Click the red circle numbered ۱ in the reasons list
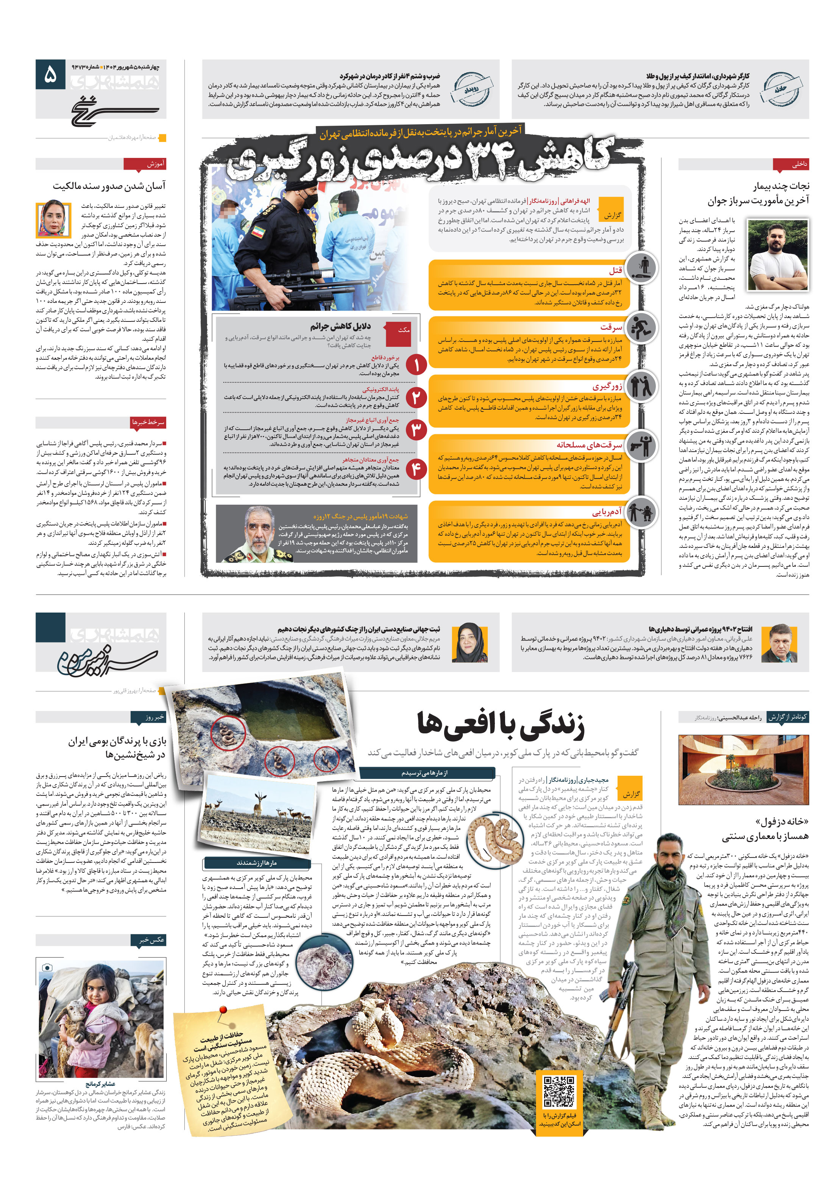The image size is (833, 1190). click(416, 365)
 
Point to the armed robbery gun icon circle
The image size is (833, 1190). click(641, 445)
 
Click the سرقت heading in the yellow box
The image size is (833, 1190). click(611, 327)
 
